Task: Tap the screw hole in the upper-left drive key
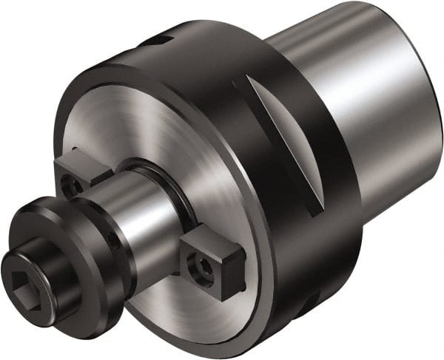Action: (71, 184)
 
